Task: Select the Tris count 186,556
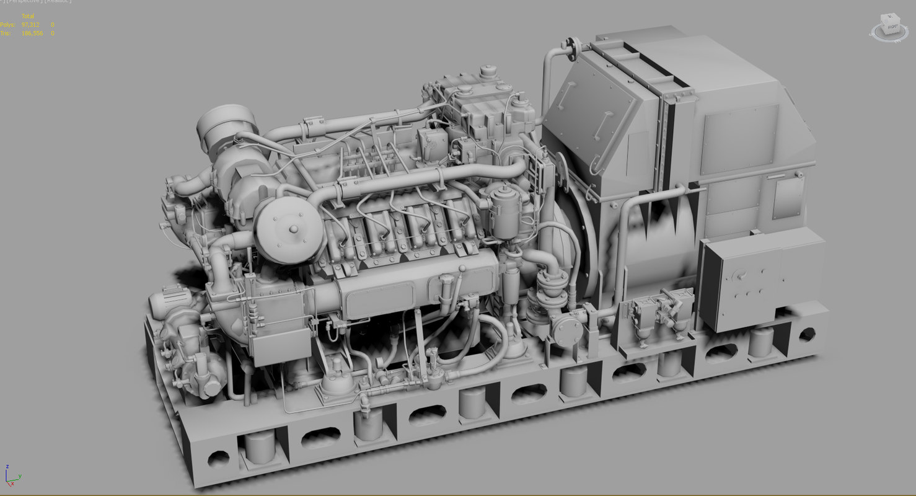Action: (x=32, y=33)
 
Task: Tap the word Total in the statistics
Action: (x=28, y=16)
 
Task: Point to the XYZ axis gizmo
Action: (x=11, y=476)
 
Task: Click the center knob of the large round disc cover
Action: (x=293, y=229)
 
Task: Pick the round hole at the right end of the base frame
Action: (x=806, y=335)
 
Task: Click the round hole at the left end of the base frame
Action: (x=218, y=459)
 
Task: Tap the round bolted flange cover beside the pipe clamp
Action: (x=567, y=329)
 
